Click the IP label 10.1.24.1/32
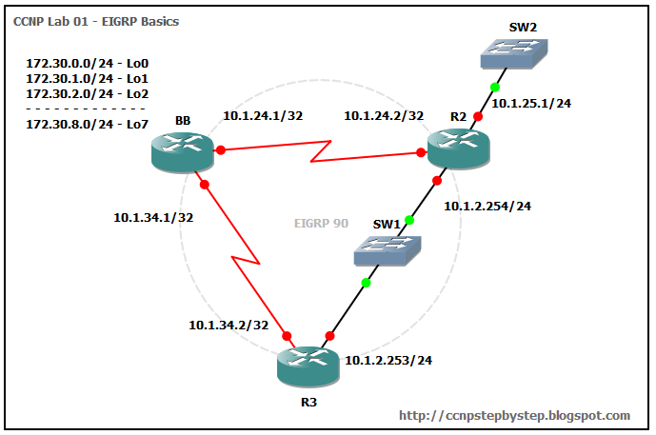click(263, 116)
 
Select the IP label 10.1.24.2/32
click(384, 116)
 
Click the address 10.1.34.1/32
click(153, 217)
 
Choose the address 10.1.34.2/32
click(229, 326)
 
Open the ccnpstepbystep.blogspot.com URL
click(514, 415)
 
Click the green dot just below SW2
click(494, 88)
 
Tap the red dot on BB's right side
click(220, 150)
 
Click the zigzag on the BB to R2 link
click(321, 150)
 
